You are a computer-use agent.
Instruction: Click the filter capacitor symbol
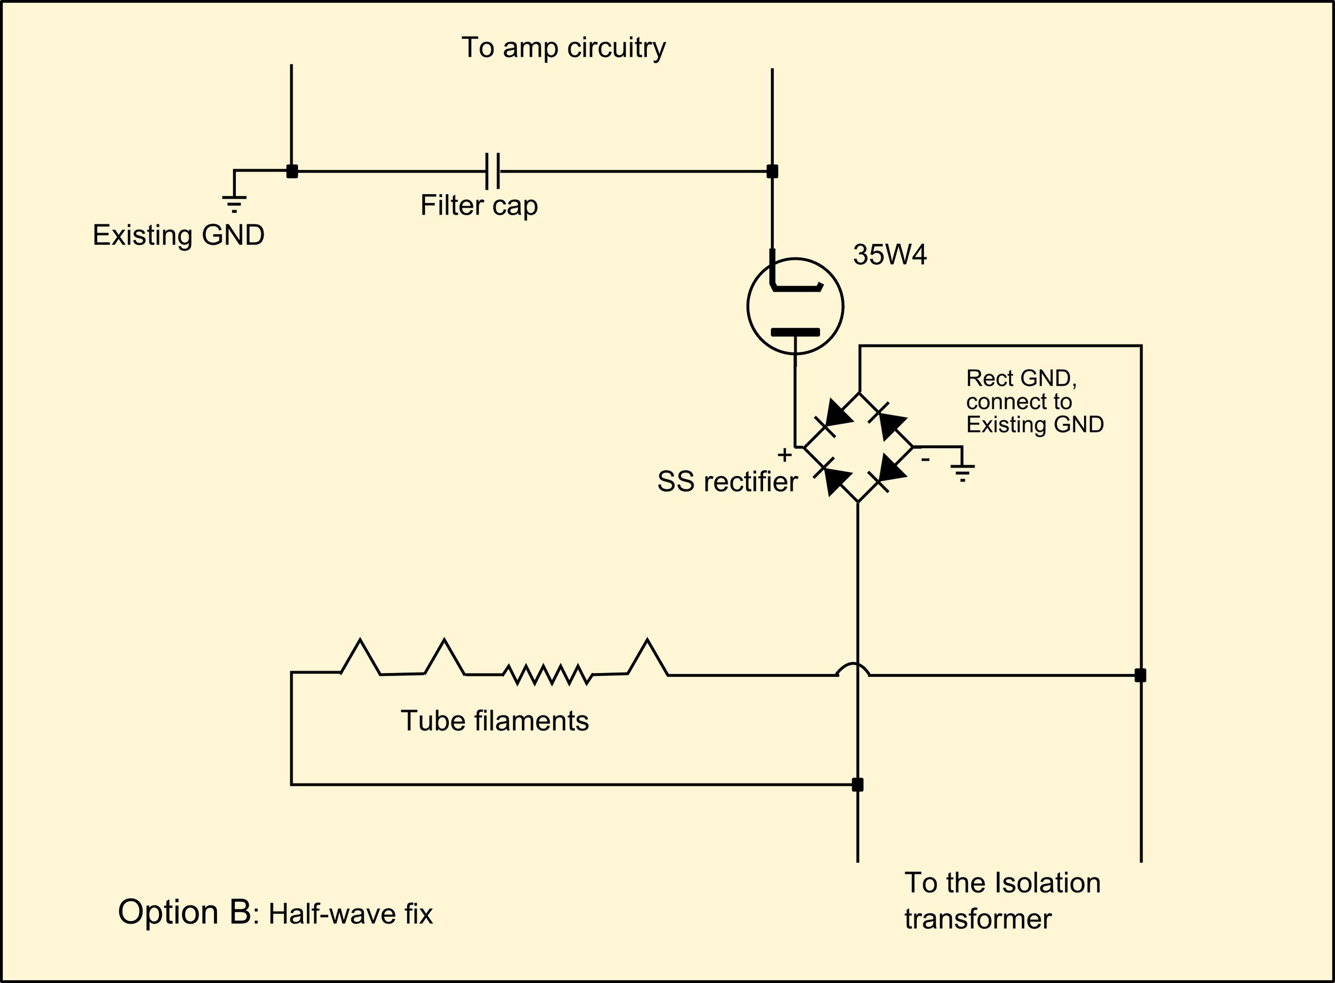492,171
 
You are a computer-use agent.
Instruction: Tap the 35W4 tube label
889,255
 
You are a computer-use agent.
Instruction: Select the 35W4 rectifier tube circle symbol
795,307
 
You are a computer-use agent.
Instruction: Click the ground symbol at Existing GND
234,202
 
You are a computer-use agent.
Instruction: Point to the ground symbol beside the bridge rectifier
962,472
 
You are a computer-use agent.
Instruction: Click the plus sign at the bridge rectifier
784,455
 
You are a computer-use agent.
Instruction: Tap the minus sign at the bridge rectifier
924,459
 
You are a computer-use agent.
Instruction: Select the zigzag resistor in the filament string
547,674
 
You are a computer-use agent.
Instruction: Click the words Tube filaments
494,721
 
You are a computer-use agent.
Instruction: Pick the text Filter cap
479,206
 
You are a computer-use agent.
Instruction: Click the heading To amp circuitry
563,48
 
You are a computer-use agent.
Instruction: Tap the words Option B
184,912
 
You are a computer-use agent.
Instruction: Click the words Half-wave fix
350,914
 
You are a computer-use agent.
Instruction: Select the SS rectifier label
726,482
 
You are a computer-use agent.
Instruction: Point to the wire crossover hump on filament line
853,669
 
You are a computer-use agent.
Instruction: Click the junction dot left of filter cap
291,171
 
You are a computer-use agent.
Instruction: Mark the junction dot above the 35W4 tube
772,171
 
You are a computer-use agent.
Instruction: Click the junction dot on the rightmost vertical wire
1140,675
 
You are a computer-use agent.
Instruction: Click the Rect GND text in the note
1020,378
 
